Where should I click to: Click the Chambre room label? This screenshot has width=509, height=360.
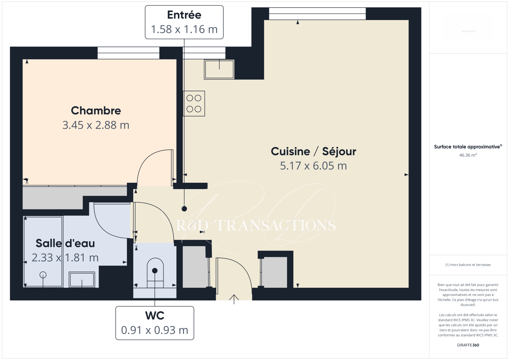pos(96,111)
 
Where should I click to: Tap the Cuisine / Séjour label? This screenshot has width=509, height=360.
pos(313,152)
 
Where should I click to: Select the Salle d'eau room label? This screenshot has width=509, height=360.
pos(65,243)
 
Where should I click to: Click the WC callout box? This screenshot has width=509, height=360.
pos(155,323)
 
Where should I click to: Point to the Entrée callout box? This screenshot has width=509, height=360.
pos(184,22)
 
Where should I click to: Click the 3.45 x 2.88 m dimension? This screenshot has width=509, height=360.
pos(96,125)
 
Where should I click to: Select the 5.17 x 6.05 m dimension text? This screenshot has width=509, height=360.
pos(313,166)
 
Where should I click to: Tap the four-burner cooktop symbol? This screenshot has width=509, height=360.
pos(194,104)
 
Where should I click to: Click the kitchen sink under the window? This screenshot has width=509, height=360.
pos(219,69)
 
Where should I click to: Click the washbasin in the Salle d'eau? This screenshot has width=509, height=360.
pos(82,279)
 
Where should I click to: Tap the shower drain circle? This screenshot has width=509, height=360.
pos(43,275)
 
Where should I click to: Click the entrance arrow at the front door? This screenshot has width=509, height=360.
pos(234,299)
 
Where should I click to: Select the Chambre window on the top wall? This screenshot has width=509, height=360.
pos(129,53)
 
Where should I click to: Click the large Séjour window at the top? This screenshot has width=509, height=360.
pos(317,14)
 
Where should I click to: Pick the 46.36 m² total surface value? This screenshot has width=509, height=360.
pos(468,155)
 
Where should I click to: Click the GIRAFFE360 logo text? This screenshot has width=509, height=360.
pos(468,345)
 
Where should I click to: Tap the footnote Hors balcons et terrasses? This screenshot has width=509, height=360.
pos(468,265)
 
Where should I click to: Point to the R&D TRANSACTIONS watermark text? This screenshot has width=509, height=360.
pos(256,225)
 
